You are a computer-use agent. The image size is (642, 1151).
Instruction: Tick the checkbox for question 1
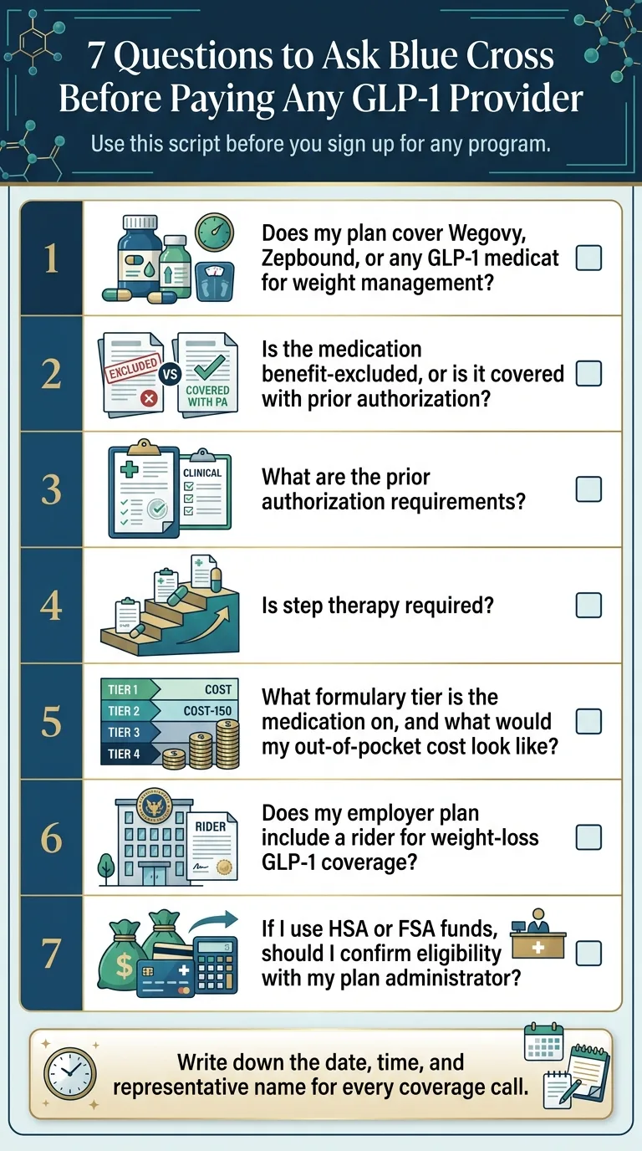pos(588,258)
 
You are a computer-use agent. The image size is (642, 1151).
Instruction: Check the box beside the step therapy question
pos(588,605)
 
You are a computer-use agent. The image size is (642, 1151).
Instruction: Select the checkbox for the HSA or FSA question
pos(588,953)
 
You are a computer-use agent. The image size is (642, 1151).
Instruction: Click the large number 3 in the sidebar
pos(51,489)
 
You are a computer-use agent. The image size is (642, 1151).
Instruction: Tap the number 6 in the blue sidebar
pos(51,837)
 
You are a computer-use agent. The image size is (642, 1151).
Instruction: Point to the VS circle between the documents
pos(171,374)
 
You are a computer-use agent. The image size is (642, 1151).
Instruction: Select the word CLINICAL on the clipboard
pos(202,473)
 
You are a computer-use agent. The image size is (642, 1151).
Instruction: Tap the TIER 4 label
pos(124,754)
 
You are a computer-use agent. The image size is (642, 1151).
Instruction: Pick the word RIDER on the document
pos(210,826)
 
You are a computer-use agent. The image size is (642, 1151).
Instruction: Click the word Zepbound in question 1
pos(303,257)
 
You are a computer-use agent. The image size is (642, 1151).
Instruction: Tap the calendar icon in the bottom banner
pos(543,1042)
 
